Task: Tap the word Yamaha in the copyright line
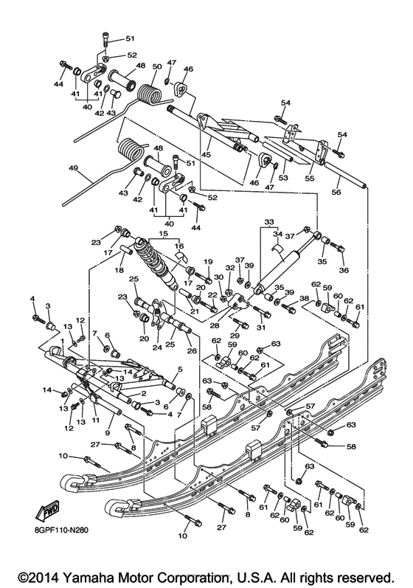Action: click(x=98, y=571)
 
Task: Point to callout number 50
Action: click(x=156, y=66)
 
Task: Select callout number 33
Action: click(x=268, y=221)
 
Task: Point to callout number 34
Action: click(x=279, y=235)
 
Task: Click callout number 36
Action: click(x=342, y=269)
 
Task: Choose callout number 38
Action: click(x=304, y=299)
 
